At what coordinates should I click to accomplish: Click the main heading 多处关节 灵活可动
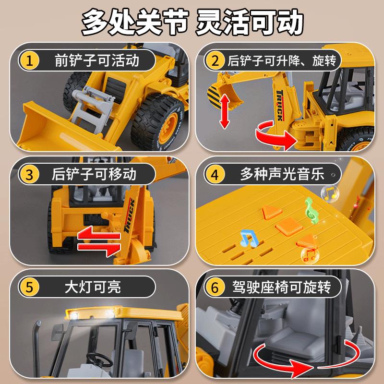192,22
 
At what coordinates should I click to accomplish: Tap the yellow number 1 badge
29,60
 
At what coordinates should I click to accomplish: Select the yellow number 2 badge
215,60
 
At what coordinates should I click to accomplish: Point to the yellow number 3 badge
29,174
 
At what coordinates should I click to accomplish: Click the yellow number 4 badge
215,174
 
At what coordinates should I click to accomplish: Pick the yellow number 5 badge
29,287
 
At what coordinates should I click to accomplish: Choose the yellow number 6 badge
215,287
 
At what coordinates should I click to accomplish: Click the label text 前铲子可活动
97,60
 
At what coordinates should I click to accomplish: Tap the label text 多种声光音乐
282,174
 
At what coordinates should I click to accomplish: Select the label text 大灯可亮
93,287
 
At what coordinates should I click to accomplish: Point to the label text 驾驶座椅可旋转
282,287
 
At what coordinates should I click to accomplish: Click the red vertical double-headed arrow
225,111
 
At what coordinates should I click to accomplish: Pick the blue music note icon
249,239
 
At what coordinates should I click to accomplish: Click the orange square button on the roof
289,227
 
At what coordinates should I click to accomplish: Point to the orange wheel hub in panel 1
168,128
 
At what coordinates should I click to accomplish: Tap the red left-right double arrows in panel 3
99,241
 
